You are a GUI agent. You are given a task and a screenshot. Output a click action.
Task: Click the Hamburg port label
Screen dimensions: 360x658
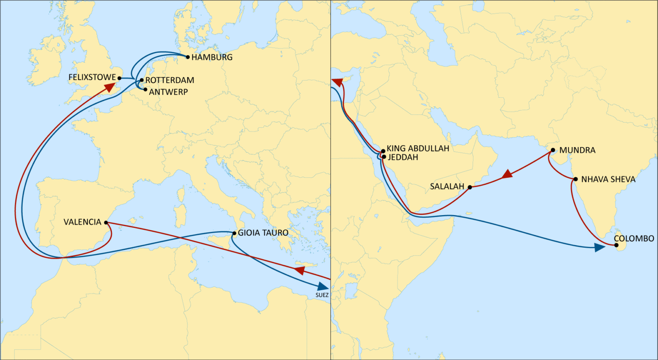click(212, 57)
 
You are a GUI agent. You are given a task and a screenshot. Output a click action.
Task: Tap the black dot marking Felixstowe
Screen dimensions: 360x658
click(120, 78)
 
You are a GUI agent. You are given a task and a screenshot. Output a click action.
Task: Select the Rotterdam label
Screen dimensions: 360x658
click(170, 80)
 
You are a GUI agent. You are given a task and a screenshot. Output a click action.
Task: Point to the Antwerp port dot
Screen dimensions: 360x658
click(146, 90)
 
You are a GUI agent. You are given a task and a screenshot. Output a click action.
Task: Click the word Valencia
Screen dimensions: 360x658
click(83, 222)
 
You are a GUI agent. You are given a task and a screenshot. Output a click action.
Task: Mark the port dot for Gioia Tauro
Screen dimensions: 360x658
click(234, 233)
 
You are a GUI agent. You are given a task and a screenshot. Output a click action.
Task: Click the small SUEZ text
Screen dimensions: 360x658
click(322, 295)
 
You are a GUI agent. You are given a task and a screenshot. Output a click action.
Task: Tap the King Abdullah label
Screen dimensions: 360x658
click(418, 149)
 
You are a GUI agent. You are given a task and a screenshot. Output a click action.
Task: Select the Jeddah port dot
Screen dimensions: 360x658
click(384, 157)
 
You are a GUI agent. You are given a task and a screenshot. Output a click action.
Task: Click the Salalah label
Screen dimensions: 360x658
click(447, 186)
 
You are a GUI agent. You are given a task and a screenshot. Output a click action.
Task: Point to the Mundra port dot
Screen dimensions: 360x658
click(553, 150)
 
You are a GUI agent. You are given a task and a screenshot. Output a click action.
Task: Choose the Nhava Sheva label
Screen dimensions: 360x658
click(608, 179)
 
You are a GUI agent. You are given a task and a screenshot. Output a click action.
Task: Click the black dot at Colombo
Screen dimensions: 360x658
click(616, 246)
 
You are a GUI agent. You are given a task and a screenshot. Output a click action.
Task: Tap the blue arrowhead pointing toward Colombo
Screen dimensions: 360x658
click(600, 248)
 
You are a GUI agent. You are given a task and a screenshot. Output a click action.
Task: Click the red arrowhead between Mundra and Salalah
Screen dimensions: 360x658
click(507, 174)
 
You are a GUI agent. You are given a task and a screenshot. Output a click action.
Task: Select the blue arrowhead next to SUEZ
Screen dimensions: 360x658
click(323, 286)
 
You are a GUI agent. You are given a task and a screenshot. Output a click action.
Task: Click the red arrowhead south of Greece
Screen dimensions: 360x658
click(299, 270)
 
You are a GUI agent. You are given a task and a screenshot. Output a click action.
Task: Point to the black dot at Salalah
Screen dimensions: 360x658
click(470, 187)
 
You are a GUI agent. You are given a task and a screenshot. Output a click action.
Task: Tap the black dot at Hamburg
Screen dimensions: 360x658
click(188, 57)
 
